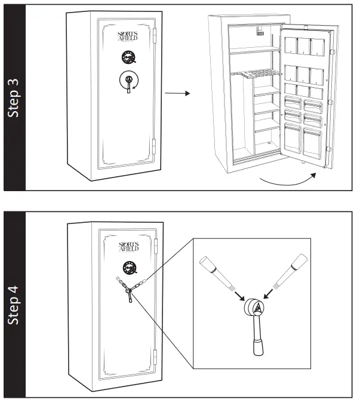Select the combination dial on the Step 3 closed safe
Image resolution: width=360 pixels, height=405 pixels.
128,58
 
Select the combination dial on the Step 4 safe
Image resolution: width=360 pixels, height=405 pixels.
128,267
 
